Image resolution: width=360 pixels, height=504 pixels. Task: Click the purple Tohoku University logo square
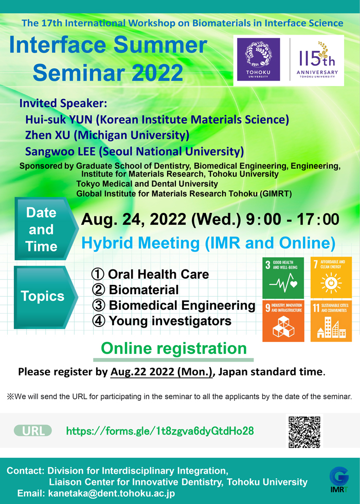258,60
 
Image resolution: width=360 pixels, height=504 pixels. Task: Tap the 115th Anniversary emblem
317,60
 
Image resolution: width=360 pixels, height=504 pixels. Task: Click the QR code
304,432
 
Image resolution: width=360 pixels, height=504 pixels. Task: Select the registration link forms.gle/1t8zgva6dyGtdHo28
160,431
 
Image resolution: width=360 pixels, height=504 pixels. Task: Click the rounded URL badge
33,431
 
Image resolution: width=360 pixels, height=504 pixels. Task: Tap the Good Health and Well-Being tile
283,278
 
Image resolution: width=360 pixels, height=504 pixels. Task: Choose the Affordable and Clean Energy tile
331,278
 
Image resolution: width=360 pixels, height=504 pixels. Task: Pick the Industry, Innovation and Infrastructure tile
283,321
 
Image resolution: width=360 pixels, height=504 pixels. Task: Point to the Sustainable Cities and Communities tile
331,321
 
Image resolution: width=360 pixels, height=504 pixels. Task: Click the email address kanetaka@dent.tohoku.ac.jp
112,493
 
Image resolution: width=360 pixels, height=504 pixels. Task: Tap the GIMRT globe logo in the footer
339,479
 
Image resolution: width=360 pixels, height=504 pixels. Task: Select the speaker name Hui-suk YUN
59,119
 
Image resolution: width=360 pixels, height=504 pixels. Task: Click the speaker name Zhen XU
47,135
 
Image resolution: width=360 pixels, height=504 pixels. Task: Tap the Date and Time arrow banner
46,229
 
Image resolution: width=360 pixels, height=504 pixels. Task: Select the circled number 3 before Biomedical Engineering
99,305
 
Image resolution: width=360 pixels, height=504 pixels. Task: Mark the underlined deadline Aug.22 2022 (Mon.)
161,372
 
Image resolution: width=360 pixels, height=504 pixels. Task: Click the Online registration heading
174,349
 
